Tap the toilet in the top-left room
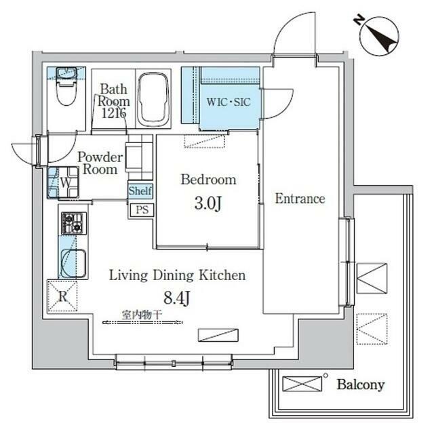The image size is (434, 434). coord(66,87)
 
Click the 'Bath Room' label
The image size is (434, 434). coord(112,100)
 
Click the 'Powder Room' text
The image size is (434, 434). coord(100,163)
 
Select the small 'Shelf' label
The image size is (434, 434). coord(140,191)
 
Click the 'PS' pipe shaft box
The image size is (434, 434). coord(142,210)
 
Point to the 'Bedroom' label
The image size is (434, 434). coord(208,180)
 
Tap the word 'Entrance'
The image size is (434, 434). coord(300,199)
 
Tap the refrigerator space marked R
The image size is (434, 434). coord(62,295)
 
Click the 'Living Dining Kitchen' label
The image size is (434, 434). coord(178,275)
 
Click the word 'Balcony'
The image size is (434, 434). coord(360,385)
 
